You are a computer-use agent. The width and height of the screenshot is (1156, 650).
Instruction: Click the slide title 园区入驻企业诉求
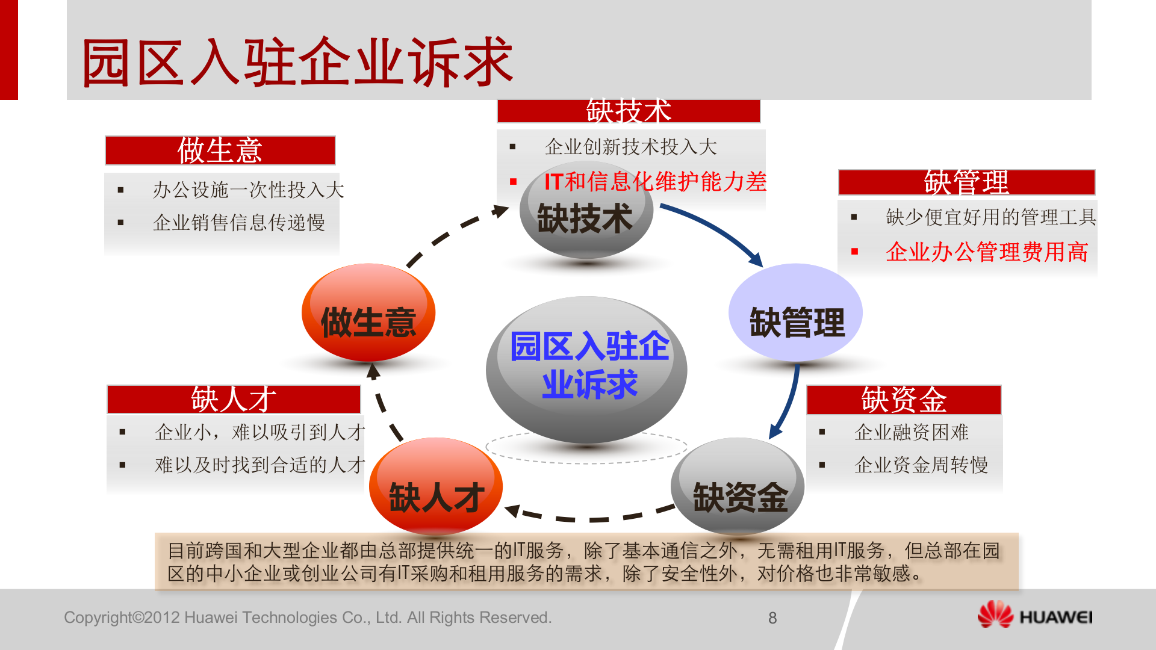pos(297,62)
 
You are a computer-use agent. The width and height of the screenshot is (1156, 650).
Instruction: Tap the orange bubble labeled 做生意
pos(368,313)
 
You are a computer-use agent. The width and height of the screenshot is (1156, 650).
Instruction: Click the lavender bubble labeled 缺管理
pos(795,313)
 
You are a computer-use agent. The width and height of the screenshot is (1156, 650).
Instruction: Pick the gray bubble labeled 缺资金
pos(738,487)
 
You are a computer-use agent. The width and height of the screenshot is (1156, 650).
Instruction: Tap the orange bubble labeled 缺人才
pos(436,487)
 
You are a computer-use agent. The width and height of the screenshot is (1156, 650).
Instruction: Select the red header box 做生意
pos(220,150)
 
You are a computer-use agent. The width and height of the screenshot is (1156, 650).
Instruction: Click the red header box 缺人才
pos(234,400)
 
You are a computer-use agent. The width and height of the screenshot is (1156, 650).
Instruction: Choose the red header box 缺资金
pos(904,400)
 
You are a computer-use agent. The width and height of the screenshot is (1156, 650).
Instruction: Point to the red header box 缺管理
pos(966,182)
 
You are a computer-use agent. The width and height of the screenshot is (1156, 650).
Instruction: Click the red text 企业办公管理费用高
pos(987,252)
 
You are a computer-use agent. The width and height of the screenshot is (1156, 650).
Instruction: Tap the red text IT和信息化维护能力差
pos(655,181)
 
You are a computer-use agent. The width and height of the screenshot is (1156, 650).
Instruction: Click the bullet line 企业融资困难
pos(911,432)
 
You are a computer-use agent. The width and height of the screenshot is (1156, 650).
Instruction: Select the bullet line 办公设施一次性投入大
pos(248,190)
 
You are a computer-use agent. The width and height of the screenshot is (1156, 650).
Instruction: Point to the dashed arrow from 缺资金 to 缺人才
pos(590,519)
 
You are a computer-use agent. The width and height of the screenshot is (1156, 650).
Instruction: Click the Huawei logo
pos(1034,615)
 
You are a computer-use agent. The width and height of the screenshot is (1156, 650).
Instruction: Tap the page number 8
pos(772,618)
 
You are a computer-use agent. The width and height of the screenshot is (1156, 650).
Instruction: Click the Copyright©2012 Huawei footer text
pos(308,617)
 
